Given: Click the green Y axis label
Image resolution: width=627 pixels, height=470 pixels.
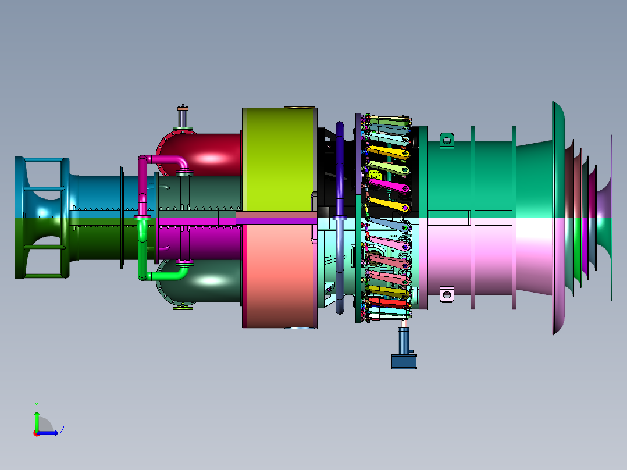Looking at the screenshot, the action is (37, 404).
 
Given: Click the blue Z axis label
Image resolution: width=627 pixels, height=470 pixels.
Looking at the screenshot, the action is (62, 430).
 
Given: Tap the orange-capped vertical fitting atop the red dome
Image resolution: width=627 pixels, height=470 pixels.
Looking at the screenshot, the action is (183, 116).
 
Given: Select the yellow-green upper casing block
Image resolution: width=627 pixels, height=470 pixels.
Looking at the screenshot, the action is (279, 159).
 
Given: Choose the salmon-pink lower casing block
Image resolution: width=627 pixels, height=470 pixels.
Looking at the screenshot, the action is (280, 276).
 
